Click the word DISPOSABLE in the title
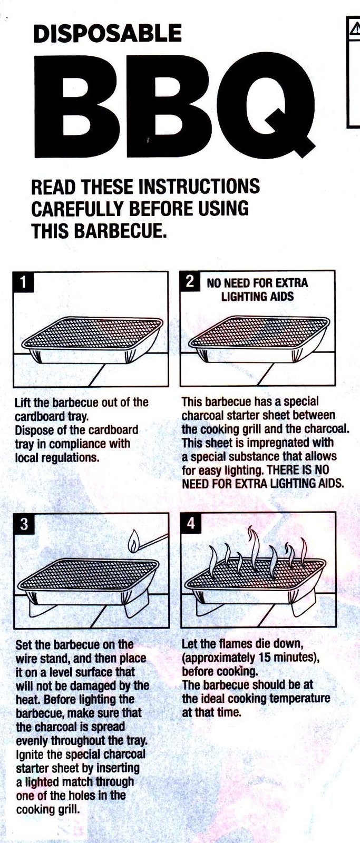pos(107,34)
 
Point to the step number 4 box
pos(191,523)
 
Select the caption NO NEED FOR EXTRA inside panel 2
pos(257,283)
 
